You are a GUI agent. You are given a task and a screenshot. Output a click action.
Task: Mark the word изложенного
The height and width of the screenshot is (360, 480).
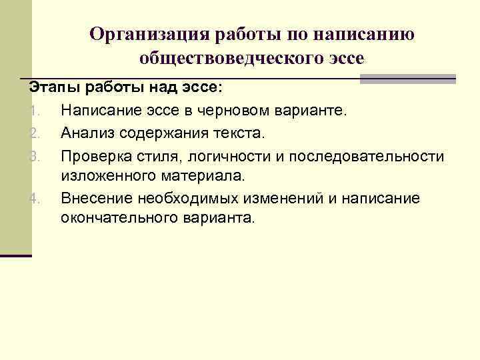(106, 175)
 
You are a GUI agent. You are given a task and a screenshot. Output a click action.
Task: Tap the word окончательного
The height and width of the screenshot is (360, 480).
(113, 218)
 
